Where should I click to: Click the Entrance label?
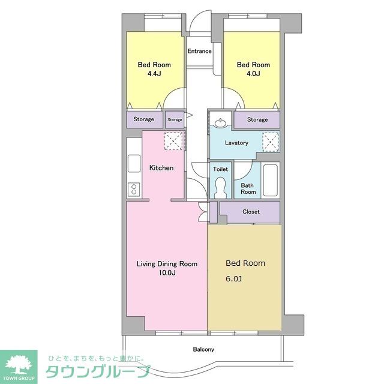pyautogui.click(x=199, y=51)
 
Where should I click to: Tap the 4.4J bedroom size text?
pyautogui.click(x=154, y=74)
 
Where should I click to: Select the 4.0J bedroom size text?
pyautogui.click(x=253, y=74)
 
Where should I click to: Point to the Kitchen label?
pyautogui.click(x=161, y=168)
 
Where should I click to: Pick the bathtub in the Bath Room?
pyautogui.click(x=271, y=179)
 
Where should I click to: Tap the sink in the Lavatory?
pyautogui.click(x=220, y=124)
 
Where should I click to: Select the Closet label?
pyautogui.click(x=251, y=212)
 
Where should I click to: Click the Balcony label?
pyautogui.click(x=203, y=349)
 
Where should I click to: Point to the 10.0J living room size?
pyautogui.click(x=166, y=273)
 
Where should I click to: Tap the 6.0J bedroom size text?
pyautogui.click(x=233, y=279)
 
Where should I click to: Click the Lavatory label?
pyautogui.click(x=236, y=143)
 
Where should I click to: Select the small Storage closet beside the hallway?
pyautogui.click(x=175, y=119)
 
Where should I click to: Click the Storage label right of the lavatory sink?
pyautogui.click(x=257, y=119)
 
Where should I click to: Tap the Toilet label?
pyautogui.click(x=220, y=169)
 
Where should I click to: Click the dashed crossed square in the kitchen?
pyautogui.click(x=174, y=142)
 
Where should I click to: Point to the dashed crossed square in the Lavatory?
pyautogui.click(x=271, y=142)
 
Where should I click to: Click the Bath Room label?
pyautogui.click(x=248, y=188)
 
